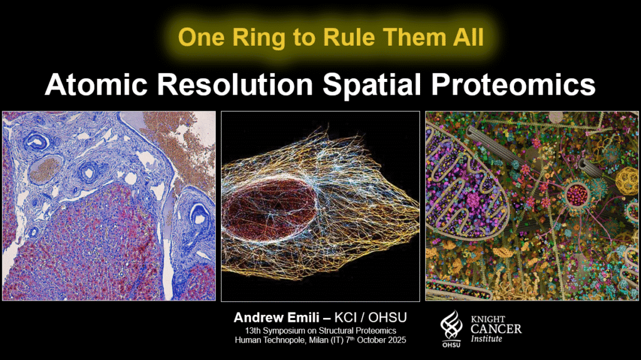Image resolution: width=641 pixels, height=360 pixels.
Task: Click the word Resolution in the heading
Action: pos(235,85)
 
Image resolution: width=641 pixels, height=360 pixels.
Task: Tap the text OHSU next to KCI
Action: pos(387,317)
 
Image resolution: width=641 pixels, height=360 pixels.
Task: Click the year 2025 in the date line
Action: pos(397,340)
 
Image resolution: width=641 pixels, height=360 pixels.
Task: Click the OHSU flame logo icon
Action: pos(451,326)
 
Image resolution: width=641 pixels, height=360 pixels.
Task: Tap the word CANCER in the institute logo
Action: pos(496,329)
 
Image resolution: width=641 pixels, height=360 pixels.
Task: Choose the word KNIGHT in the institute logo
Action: pos(488,319)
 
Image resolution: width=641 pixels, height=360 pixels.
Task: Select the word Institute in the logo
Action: pos(486,339)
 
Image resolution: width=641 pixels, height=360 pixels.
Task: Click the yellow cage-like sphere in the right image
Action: pos(627,179)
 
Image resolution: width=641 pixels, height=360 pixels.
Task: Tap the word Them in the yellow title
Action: pos(413,38)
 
